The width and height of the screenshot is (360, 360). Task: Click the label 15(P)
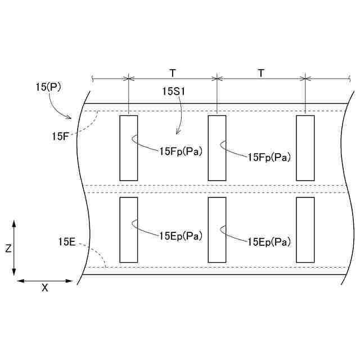point(48,87)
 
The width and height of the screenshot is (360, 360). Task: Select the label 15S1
point(174,91)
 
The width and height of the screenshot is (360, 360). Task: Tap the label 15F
point(60,136)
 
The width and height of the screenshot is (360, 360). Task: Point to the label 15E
point(67,242)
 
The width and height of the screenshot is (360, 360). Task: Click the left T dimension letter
point(173,73)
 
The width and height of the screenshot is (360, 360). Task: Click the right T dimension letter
point(261,73)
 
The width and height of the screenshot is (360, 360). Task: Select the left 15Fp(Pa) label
point(181,151)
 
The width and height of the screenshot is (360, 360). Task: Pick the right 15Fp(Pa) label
point(269,157)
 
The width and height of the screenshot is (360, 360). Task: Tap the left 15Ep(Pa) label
point(181,236)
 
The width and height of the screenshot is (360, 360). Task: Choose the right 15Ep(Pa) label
point(269,242)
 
